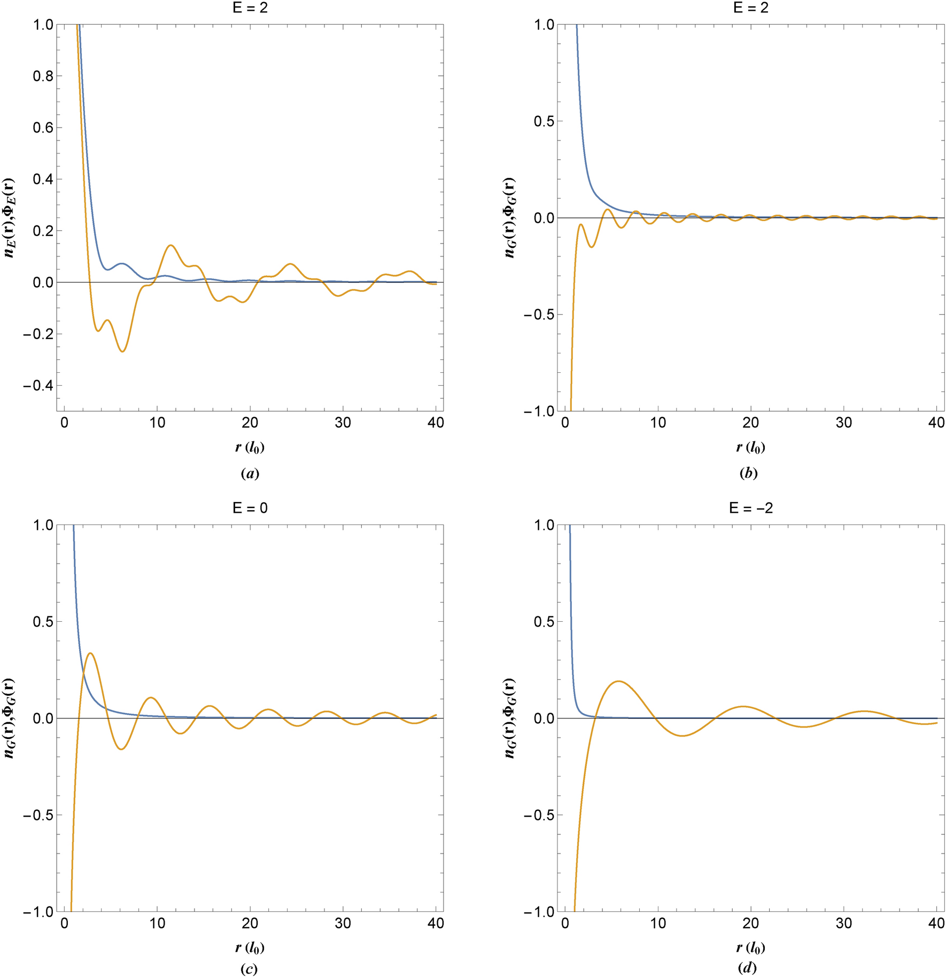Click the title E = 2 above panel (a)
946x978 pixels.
(250, 7)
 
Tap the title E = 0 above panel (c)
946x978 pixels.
(250, 508)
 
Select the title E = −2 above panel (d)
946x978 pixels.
(751, 508)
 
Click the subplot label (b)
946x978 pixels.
(748, 473)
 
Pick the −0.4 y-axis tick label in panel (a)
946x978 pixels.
(39, 386)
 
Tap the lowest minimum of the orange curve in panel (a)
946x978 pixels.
(122, 351)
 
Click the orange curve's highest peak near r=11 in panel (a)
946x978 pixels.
(170, 245)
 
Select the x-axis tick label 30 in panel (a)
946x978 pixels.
(343, 423)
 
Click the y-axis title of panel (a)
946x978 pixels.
(10, 217)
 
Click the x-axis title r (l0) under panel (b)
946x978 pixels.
(751, 448)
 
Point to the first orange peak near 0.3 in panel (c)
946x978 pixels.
(90, 653)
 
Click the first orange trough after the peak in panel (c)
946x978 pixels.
(121, 749)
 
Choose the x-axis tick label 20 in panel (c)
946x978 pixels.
(250, 924)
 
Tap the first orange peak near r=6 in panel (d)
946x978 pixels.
(618, 681)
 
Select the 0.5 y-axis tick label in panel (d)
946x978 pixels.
(544, 622)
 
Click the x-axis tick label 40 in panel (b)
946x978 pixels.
(936, 423)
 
